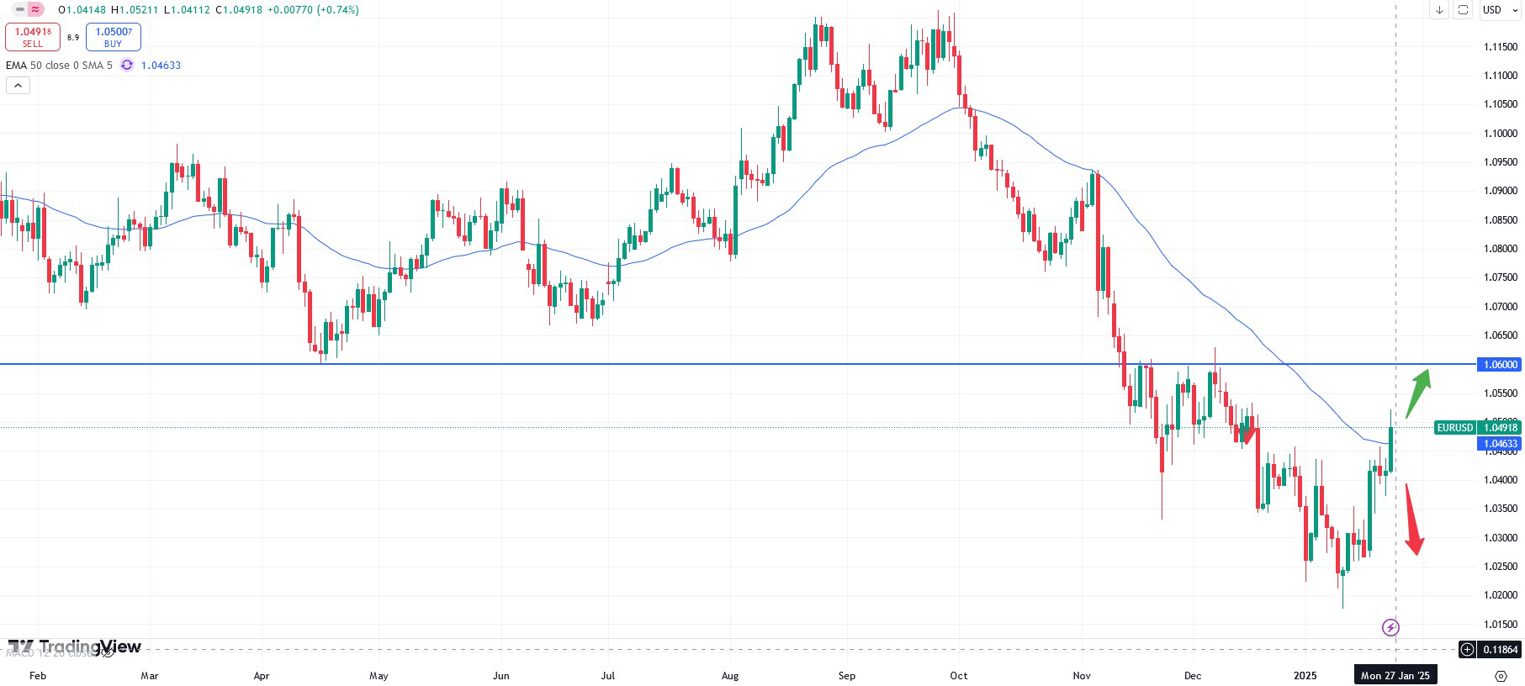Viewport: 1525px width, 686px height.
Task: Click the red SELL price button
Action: [33, 37]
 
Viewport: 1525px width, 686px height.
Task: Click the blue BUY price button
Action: [113, 37]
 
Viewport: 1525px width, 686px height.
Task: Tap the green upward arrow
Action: [1418, 392]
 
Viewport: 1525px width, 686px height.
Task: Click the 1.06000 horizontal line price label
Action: [1500, 364]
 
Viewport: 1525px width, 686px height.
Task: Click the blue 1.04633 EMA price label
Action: [1500, 444]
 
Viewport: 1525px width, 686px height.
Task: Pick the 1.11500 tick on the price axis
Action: [1500, 46]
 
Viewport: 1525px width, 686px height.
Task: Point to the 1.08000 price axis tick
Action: [1500, 249]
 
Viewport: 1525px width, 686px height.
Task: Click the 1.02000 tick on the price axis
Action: [1500, 595]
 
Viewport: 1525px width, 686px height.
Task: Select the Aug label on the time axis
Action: [730, 675]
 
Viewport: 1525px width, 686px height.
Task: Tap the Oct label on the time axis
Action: [958, 675]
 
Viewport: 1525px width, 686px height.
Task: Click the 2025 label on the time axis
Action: [1305, 675]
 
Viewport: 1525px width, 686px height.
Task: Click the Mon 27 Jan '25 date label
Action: [1395, 675]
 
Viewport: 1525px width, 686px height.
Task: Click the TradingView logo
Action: [75, 646]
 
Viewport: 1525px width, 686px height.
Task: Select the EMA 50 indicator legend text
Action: [59, 66]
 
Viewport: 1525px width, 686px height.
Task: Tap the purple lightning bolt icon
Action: [1390, 627]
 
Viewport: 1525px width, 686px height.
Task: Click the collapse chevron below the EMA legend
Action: [18, 85]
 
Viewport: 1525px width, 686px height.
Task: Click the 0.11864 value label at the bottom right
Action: [1500, 649]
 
